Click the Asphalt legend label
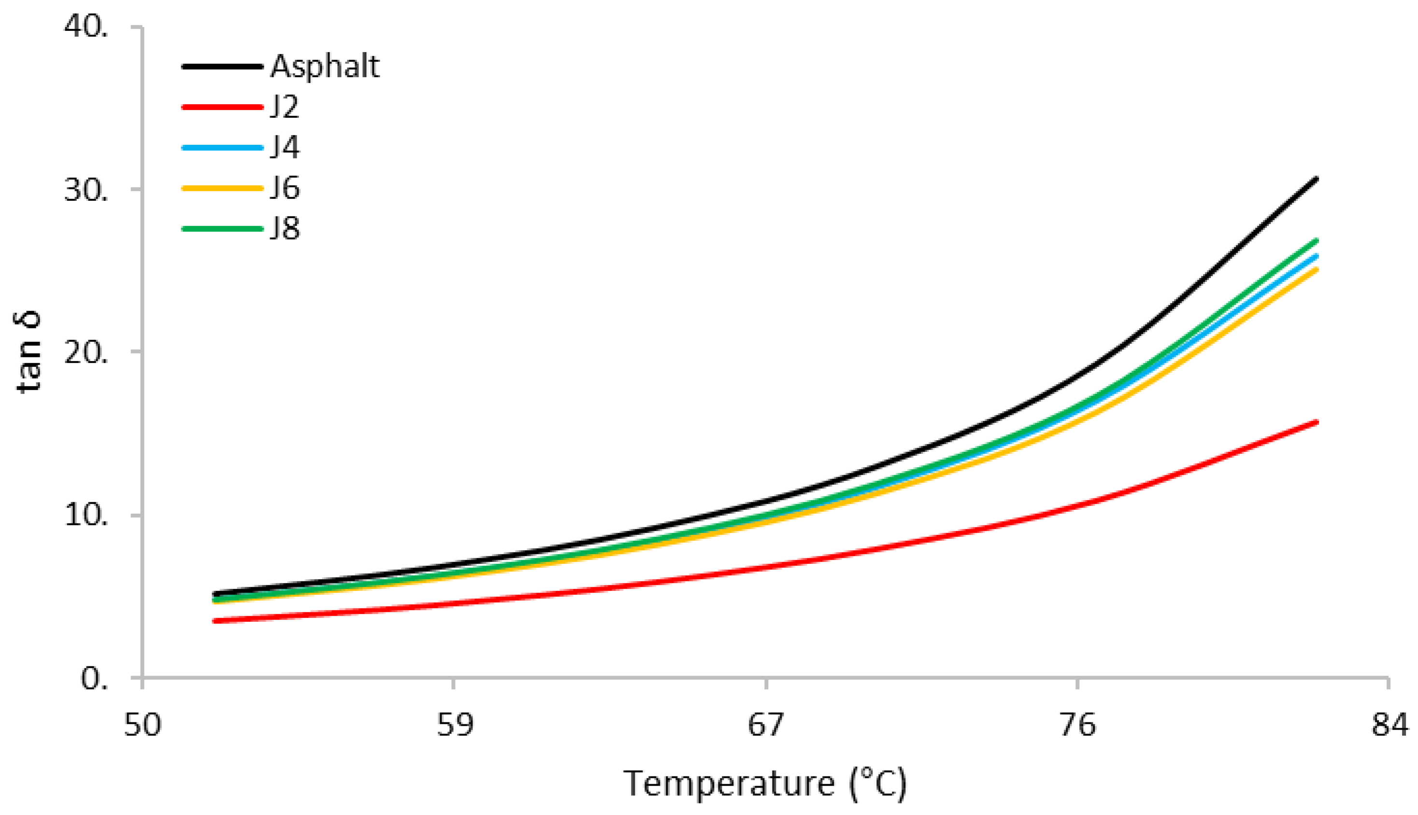[325, 67]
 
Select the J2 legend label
[285, 106]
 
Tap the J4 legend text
[285, 147]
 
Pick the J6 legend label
[285, 188]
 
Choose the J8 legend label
[285, 228]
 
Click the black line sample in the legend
[222, 67]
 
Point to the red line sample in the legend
[222, 106]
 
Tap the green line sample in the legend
[222, 228]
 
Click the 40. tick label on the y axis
[86, 26]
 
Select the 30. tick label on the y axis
[86, 189]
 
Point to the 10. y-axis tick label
[86, 515]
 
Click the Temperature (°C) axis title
[765, 784]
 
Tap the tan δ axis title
[28, 352]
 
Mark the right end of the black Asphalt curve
[1317, 179]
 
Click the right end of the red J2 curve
[1317, 422]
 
